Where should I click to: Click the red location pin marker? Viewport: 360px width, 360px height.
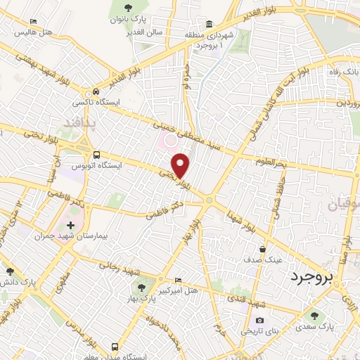[x=181, y=165]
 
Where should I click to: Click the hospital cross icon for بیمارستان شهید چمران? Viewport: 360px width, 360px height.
[x=70, y=224]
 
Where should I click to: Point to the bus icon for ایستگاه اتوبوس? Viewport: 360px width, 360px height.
[x=96, y=155]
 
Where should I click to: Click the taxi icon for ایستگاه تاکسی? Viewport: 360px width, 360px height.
[x=96, y=92]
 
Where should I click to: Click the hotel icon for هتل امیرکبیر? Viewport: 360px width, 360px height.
[x=176, y=279]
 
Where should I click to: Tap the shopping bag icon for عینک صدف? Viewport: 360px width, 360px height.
[x=262, y=248]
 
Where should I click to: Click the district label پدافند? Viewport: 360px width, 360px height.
[x=87, y=122]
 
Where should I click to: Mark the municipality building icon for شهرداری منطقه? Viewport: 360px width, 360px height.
[x=210, y=24]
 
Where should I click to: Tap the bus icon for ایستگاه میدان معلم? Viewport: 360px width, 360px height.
[x=115, y=347]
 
